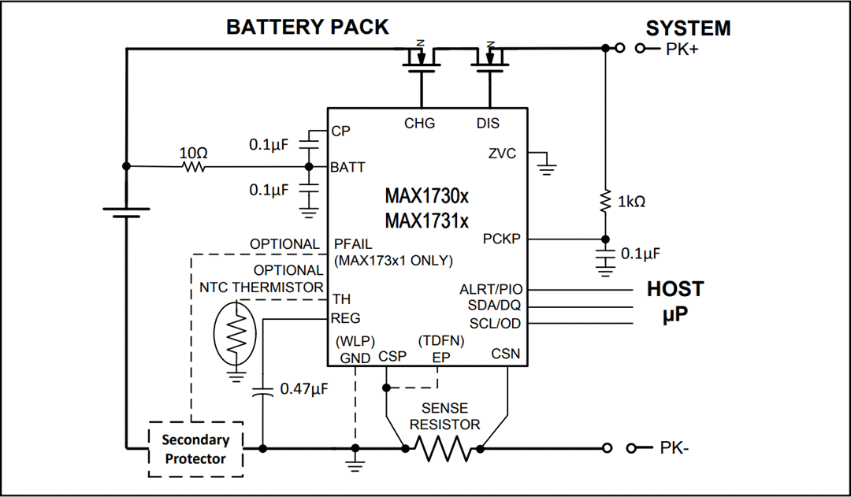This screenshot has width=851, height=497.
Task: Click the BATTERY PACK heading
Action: pyautogui.click(x=307, y=27)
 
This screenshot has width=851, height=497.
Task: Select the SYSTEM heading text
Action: pyautogui.click(x=688, y=28)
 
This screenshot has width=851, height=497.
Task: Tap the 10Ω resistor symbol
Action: pyautogui.click(x=194, y=167)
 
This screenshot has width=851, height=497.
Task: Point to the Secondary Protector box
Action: pyautogui.click(x=195, y=450)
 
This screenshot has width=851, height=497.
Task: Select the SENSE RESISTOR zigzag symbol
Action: pyautogui.click(x=443, y=449)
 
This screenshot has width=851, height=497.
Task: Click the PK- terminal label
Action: pyautogui.click(x=676, y=449)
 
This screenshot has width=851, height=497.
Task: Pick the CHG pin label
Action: pyautogui.click(x=419, y=123)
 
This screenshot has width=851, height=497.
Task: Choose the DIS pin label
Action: pyautogui.click(x=488, y=123)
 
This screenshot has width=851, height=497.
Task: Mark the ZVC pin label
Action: pyautogui.click(x=502, y=154)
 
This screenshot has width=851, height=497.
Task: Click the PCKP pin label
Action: pyautogui.click(x=501, y=239)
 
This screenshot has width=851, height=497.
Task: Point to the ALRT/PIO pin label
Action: pyautogui.click(x=490, y=290)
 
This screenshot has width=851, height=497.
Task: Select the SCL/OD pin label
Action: pyautogui.click(x=495, y=324)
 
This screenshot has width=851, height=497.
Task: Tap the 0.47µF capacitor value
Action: pyautogui.click(x=304, y=389)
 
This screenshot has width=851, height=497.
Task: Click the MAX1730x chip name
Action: pyautogui.click(x=426, y=195)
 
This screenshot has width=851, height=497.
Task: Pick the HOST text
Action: pyautogui.click(x=674, y=289)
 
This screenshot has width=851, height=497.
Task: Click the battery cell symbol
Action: pyautogui.click(x=126, y=211)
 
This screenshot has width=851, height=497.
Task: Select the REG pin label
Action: pyautogui.click(x=345, y=318)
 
